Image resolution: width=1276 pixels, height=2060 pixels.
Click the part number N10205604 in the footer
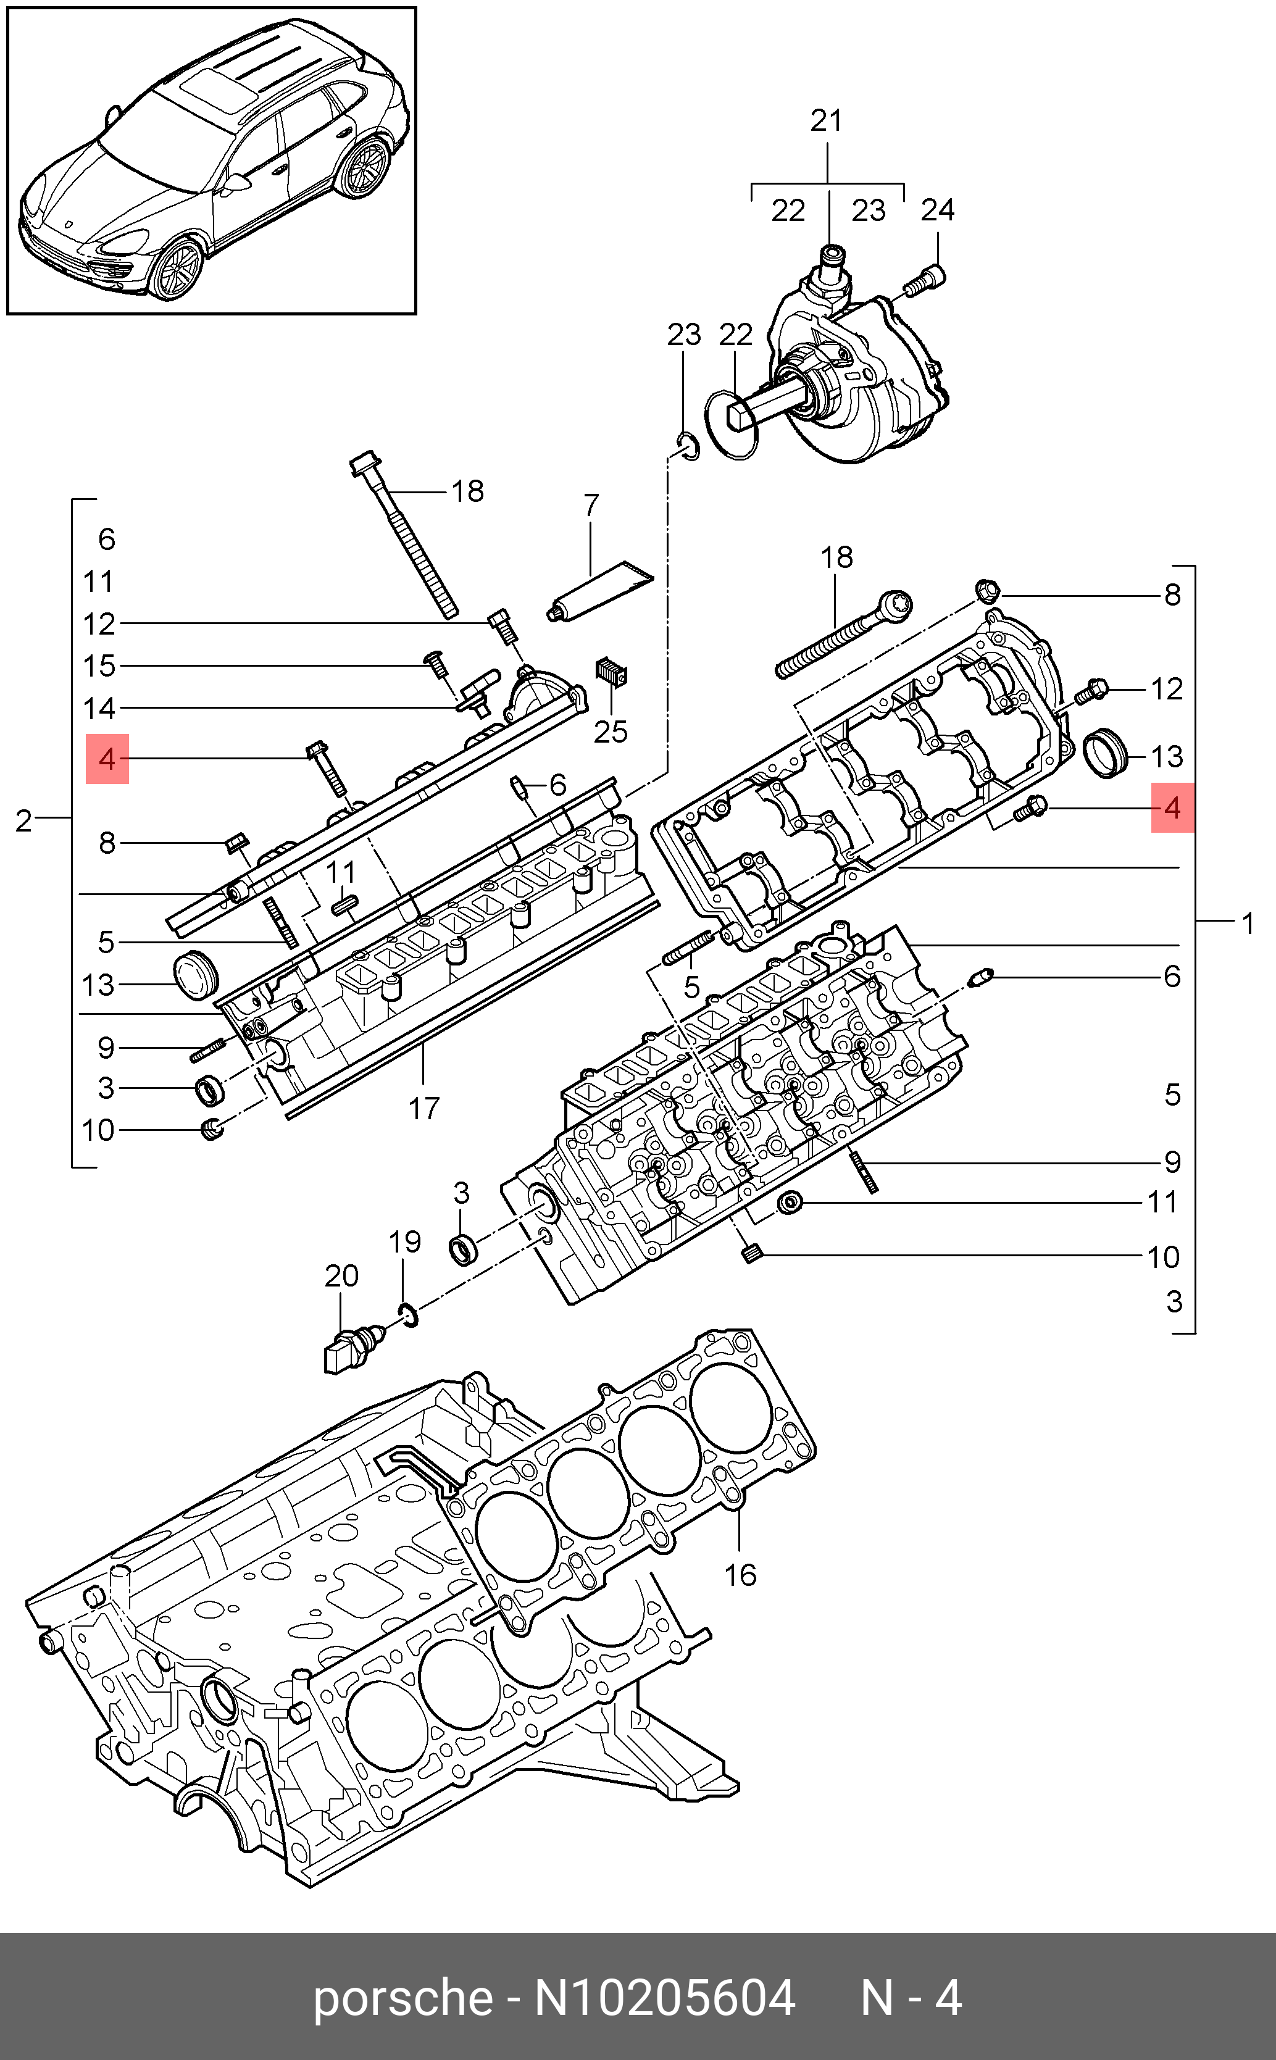coord(664,1998)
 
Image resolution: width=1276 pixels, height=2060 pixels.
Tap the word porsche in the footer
coord(402,1998)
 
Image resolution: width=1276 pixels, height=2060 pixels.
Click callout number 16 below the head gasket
coord(740,1575)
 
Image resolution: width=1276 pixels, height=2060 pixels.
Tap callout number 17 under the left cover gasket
coord(423,1108)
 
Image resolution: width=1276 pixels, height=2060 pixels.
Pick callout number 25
coord(610,732)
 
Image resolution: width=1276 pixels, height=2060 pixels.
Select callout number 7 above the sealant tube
coord(591,506)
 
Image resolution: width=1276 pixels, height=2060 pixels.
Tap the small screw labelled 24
coord(926,280)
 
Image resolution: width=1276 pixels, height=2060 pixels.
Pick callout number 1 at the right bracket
coord(1248,925)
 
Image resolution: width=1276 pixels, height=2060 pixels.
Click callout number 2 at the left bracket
coord(23,821)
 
